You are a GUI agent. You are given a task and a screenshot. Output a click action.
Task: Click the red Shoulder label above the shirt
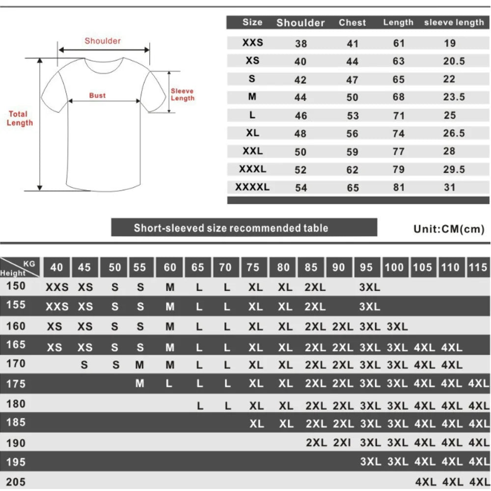point(103,41)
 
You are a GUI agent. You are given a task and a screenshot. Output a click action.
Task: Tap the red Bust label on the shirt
point(97,95)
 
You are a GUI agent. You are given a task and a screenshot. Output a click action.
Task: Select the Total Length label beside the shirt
point(20,118)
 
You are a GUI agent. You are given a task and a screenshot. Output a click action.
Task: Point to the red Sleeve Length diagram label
point(183,94)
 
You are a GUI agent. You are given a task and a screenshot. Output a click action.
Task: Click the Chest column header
point(352,23)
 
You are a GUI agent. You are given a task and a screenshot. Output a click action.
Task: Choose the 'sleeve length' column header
point(454,23)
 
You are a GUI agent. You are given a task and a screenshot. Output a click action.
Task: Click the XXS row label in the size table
point(252,43)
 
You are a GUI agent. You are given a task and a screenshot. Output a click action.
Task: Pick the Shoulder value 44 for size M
point(300,97)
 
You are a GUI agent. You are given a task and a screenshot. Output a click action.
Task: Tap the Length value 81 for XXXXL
point(399,187)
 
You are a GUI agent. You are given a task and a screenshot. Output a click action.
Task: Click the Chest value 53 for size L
point(353,115)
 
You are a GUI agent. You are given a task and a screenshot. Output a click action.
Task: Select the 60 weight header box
point(170,268)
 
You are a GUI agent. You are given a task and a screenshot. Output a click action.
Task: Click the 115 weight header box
point(479,268)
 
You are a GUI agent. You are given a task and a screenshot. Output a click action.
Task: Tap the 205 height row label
point(16,482)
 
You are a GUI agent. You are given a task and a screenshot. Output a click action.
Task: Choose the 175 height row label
point(16,383)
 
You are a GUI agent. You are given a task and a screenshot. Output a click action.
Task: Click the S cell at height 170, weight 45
point(84,365)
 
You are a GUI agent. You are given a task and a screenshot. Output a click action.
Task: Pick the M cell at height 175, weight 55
point(140,383)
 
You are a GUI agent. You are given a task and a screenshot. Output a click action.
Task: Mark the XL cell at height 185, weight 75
point(256,424)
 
